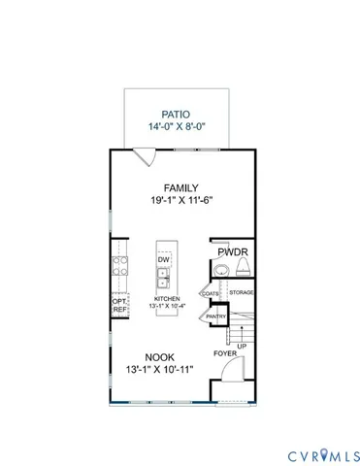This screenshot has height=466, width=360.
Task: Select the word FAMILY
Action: tap(181, 187)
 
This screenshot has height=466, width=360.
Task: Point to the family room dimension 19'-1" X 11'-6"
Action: tap(180, 201)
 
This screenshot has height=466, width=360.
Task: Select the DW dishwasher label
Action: tap(164, 260)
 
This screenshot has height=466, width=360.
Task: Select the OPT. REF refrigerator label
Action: tap(120, 304)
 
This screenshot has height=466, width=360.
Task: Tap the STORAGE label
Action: tap(242, 292)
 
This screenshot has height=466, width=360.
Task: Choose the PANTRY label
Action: tap(216, 316)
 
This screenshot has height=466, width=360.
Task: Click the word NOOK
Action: tap(160, 357)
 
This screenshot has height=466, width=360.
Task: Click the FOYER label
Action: tap(224, 353)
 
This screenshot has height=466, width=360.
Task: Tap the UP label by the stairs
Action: tap(241, 345)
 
